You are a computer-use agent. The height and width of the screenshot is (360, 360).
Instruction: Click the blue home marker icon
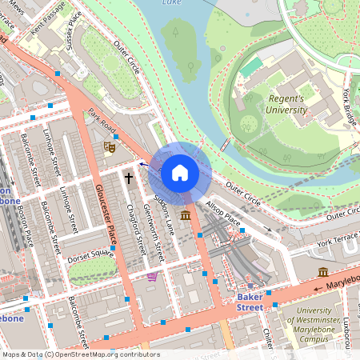tap(180, 172)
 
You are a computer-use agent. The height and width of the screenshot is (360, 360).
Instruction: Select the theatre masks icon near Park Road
tap(110, 146)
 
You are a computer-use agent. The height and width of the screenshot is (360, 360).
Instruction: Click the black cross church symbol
tap(128, 177)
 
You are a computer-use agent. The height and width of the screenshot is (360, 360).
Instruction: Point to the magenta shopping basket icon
tap(152, 277)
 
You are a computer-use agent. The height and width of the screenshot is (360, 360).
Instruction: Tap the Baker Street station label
tap(250, 302)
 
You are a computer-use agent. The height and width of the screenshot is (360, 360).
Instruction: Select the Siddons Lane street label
tap(164, 213)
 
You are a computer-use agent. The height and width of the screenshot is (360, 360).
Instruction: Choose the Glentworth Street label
tap(152, 233)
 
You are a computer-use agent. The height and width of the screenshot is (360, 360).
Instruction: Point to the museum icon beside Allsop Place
tap(186, 216)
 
